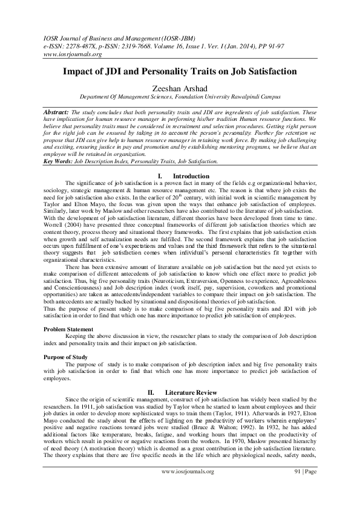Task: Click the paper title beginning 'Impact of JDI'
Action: click(x=180, y=71)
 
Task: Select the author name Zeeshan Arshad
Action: click(x=180, y=87)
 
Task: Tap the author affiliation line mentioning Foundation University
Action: click(x=180, y=96)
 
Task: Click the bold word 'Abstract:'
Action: click(x=58, y=113)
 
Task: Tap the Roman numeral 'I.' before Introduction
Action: click(x=160, y=175)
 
